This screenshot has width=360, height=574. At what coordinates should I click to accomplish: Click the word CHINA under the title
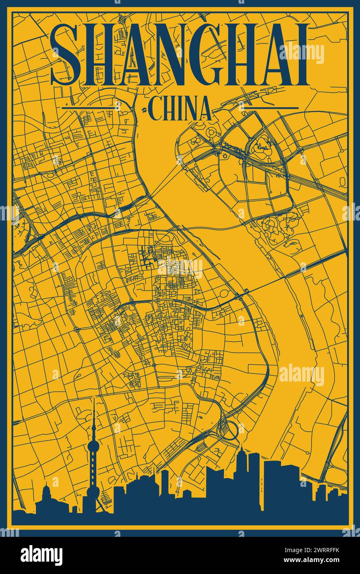pos(179,108)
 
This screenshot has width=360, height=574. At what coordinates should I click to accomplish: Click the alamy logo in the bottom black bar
pos(41,555)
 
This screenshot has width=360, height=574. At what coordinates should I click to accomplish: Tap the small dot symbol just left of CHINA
pos(145,110)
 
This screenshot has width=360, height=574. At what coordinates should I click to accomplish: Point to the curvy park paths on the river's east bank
pos(277,229)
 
